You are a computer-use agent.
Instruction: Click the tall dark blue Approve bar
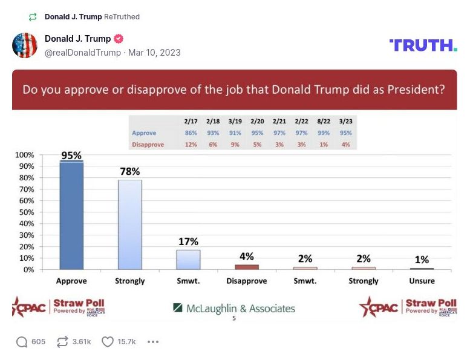(71, 215)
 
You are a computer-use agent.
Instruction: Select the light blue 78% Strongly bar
(129, 224)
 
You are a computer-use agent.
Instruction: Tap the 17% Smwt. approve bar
(188, 260)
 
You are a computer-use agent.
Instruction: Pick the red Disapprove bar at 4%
(246, 267)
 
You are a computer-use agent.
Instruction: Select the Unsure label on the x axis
(422, 281)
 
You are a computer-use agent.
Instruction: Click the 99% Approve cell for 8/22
(323, 133)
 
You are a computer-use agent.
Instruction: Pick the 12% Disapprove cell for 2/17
(191, 144)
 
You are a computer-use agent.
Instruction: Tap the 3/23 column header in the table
(345, 122)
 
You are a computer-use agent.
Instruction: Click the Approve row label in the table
(144, 133)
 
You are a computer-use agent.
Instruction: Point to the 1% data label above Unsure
(421, 260)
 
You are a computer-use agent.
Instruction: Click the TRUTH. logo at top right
(423, 45)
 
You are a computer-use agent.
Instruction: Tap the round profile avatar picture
(25, 45)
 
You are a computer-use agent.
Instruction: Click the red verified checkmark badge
(119, 39)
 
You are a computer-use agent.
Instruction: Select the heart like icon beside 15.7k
(108, 342)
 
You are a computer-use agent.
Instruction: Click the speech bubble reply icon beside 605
(22, 342)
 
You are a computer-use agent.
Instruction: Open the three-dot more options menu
(153, 342)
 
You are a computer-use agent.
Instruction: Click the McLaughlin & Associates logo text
(234, 309)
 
